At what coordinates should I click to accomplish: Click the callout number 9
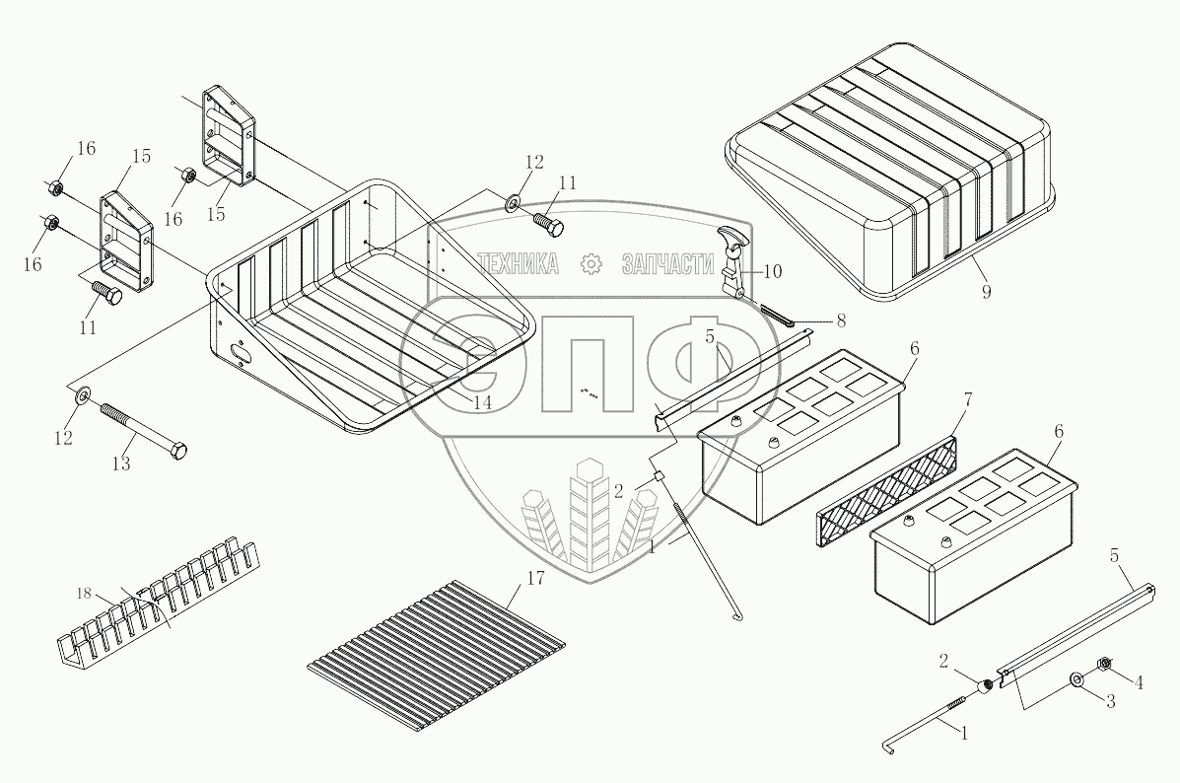point(986,292)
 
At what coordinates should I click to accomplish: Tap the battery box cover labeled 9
point(887,168)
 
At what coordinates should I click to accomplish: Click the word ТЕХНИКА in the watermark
point(519,263)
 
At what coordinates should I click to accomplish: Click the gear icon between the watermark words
point(591,263)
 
